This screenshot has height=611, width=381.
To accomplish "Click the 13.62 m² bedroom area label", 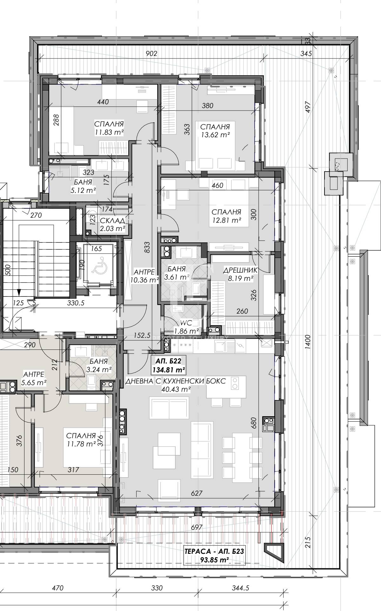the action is [x=215, y=131].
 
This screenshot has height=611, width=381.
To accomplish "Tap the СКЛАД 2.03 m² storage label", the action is [x=112, y=224].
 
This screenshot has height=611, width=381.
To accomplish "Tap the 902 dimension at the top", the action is [x=151, y=53].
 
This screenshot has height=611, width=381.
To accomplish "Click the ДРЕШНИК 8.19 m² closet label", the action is [x=240, y=274].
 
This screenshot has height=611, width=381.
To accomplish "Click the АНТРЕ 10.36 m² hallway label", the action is [x=144, y=276].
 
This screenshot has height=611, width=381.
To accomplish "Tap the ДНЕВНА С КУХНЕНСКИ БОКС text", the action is [x=176, y=381].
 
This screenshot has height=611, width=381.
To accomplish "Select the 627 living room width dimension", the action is [x=197, y=493].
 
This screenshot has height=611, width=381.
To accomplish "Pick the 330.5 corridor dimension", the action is [x=76, y=303].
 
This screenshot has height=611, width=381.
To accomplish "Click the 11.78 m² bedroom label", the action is [x=81, y=439].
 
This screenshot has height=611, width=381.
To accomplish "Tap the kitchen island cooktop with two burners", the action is [x=235, y=383].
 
